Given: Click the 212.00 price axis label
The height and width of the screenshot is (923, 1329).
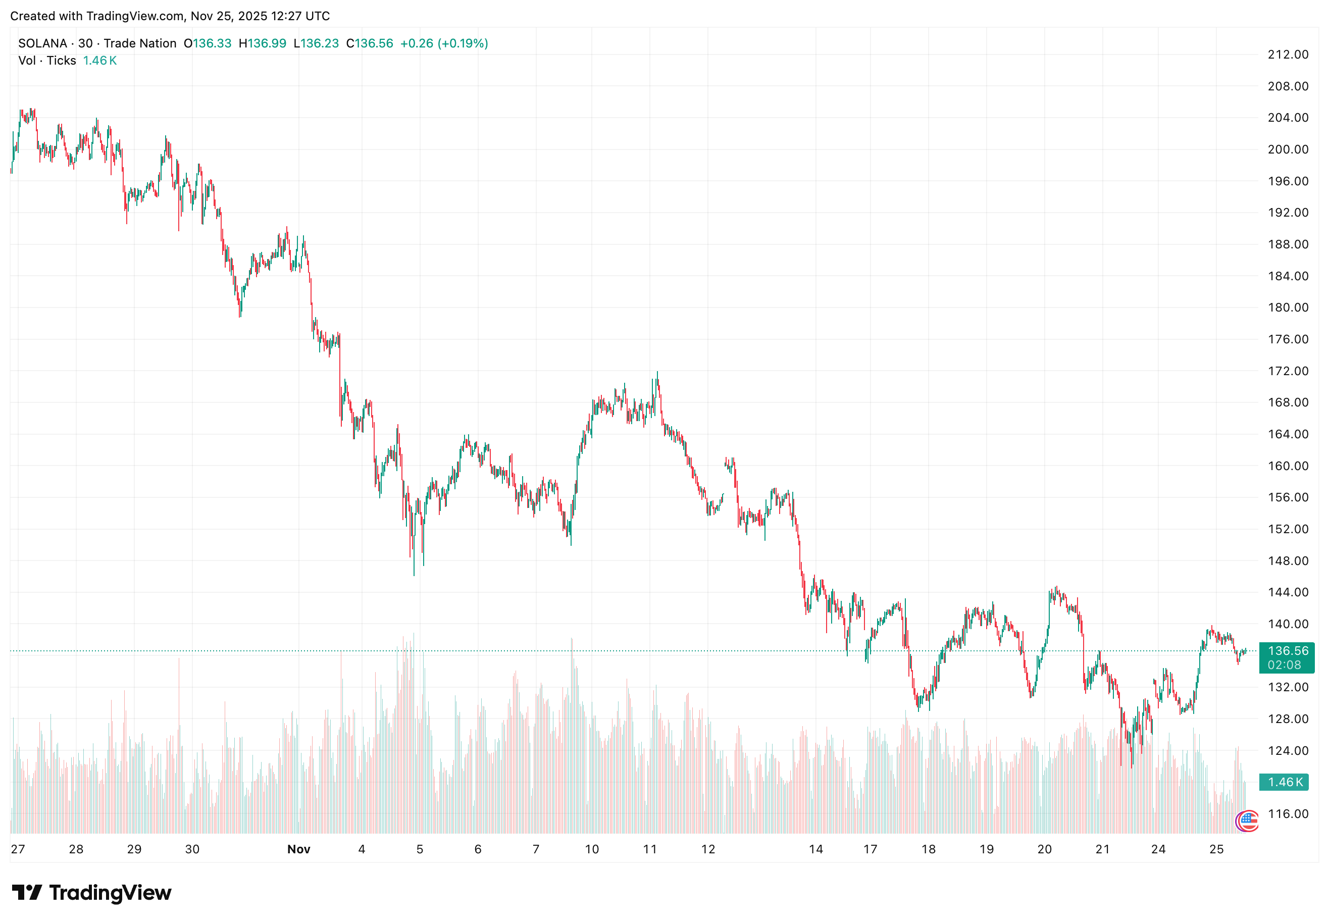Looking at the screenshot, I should (x=1288, y=55).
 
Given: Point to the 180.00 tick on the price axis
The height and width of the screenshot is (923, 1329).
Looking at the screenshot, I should (x=1288, y=307).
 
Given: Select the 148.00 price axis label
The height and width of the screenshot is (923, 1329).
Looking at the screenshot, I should (x=1288, y=560).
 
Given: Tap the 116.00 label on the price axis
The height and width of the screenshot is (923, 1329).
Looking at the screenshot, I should (x=1288, y=814).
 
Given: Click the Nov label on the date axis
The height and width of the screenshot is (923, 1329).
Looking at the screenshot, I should (x=298, y=849).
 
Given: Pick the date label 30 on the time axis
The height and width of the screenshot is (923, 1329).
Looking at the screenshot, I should (x=192, y=849).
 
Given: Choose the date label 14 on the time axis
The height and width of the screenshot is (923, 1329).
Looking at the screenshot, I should (x=815, y=849).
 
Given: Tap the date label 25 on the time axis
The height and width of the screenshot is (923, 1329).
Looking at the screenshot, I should (x=1216, y=849).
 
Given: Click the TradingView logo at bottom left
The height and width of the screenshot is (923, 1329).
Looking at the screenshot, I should (x=92, y=892).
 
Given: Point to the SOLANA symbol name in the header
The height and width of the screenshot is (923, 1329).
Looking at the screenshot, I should (x=43, y=43).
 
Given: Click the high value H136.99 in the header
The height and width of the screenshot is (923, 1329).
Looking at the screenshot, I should (x=263, y=43).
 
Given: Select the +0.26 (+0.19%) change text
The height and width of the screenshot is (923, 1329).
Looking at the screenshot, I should (x=443, y=43).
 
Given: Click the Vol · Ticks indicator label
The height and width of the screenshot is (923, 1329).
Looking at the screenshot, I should (x=47, y=61).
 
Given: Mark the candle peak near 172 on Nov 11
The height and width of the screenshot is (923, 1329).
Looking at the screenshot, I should (x=657, y=373).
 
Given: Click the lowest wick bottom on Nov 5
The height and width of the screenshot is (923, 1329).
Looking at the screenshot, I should (x=414, y=575).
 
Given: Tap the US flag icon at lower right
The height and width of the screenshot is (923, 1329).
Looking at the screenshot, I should (x=1248, y=820).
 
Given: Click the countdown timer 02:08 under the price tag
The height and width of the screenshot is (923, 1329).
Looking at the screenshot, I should (x=1284, y=665).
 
